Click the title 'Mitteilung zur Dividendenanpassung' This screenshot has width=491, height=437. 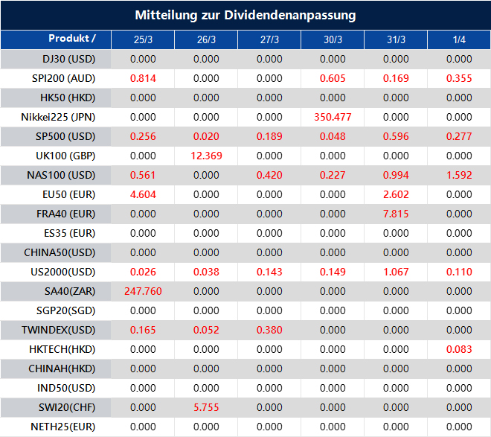tap(245, 15)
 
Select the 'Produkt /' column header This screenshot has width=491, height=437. tap(71, 39)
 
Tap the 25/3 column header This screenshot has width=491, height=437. tap(143, 39)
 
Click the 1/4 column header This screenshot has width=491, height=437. tap(459, 39)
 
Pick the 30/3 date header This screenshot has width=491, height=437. tap(333, 39)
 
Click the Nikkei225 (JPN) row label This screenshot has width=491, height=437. tap(59, 117)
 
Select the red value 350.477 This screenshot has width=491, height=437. tap(333, 117)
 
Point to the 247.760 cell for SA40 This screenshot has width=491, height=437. tap(143, 291)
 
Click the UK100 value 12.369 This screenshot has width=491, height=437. tap(206, 156)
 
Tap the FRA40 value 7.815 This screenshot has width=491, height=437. tap(396, 214)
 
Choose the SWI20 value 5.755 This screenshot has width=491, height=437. tap(206, 407)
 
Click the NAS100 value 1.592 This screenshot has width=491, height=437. tap(459, 175)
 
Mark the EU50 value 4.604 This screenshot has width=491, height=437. tap(143, 194)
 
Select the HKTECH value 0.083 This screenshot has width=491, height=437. tap(459, 349)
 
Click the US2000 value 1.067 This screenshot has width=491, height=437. tap(396, 272)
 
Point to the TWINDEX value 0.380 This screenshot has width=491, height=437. tap(269, 330)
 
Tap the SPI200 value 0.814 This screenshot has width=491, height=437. tap(143, 78)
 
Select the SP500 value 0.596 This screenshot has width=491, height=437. tap(396, 136)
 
